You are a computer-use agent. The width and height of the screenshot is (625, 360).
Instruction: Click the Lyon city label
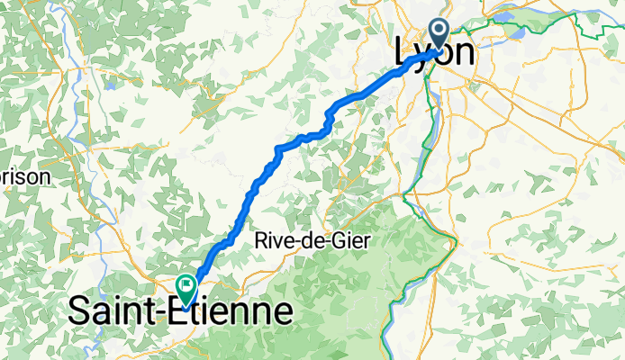(x=435, y=54)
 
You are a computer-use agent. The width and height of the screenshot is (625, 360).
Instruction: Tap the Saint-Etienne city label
(x=181, y=312)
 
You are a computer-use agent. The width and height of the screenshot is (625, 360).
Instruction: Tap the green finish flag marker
(x=186, y=288)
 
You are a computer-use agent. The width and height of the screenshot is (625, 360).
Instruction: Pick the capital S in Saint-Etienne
(x=82, y=312)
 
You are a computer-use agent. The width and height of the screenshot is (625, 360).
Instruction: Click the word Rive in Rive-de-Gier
(x=272, y=240)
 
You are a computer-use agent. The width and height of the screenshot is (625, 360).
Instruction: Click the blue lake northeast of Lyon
(x=517, y=32)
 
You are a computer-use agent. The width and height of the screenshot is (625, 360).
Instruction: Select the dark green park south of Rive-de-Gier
(x=360, y=288)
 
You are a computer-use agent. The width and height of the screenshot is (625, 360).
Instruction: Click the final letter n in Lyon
(x=464, y=54)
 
